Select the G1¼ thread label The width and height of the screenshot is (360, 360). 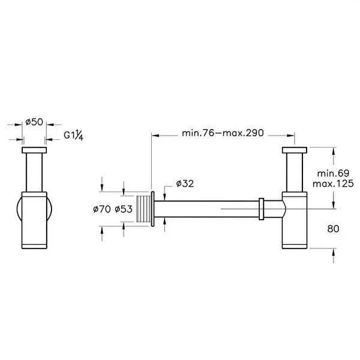coord(74,136)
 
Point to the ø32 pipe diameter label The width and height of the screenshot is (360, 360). coord(185,183)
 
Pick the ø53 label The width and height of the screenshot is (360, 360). coord(123,209)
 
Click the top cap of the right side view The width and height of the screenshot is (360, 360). coord(293,150)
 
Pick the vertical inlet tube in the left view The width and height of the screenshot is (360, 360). coord(34,173)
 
